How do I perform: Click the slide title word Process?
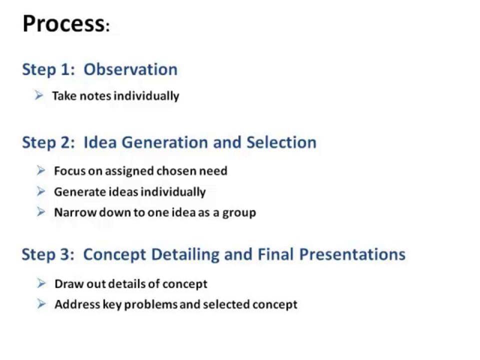(x=63, y=23)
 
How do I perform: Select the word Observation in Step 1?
(x=130, y=69)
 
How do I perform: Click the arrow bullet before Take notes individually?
(x=39, y=95)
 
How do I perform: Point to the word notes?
(x=95, y=96)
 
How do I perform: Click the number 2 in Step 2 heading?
(x=65, y=142)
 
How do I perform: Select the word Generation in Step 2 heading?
(x=164, y=142)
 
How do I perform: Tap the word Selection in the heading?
(x=281, y=142)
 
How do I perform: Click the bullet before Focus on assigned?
(x=41, y=170)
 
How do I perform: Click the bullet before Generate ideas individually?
(x=41, y=191)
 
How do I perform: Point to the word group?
(x=239, y=213)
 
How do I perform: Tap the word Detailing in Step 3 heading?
(x=185, y=254)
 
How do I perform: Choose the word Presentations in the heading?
(x=352, y=254)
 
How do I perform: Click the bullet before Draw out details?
(x=41, y=283)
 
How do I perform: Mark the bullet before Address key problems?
(x=41, y=304)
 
